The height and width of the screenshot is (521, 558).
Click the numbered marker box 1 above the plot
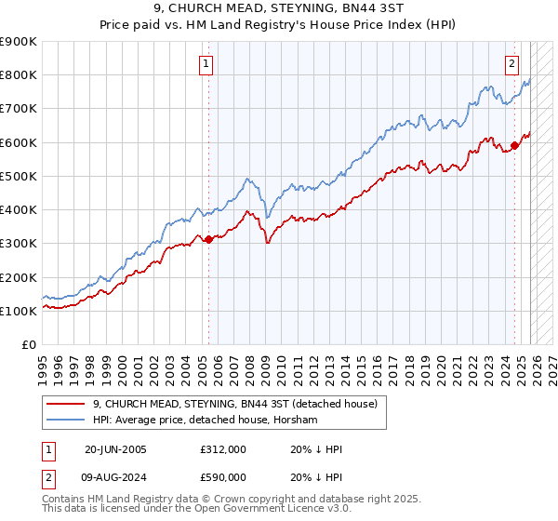click(x=205, y=64)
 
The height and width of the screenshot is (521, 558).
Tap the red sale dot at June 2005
click(x=208, y=239)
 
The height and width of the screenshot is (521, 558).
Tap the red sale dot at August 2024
click(x=514, y=145)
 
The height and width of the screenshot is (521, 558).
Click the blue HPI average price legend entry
click(x=205, y=421)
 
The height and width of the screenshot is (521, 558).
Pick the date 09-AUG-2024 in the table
click(x=116, y=479)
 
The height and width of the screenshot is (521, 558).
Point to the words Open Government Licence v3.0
click(x=229, y=512)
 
